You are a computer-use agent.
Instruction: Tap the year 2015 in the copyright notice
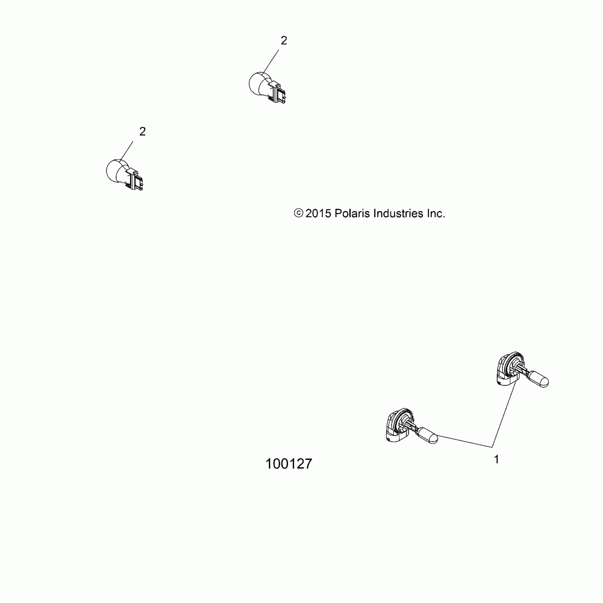[318, 214]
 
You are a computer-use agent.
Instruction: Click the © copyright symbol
[299, 213]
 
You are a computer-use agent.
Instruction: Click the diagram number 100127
[289, 464]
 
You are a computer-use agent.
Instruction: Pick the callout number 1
[496, 459]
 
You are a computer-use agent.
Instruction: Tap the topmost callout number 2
[284, 41]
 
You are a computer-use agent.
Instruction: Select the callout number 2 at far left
[142, 132]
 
